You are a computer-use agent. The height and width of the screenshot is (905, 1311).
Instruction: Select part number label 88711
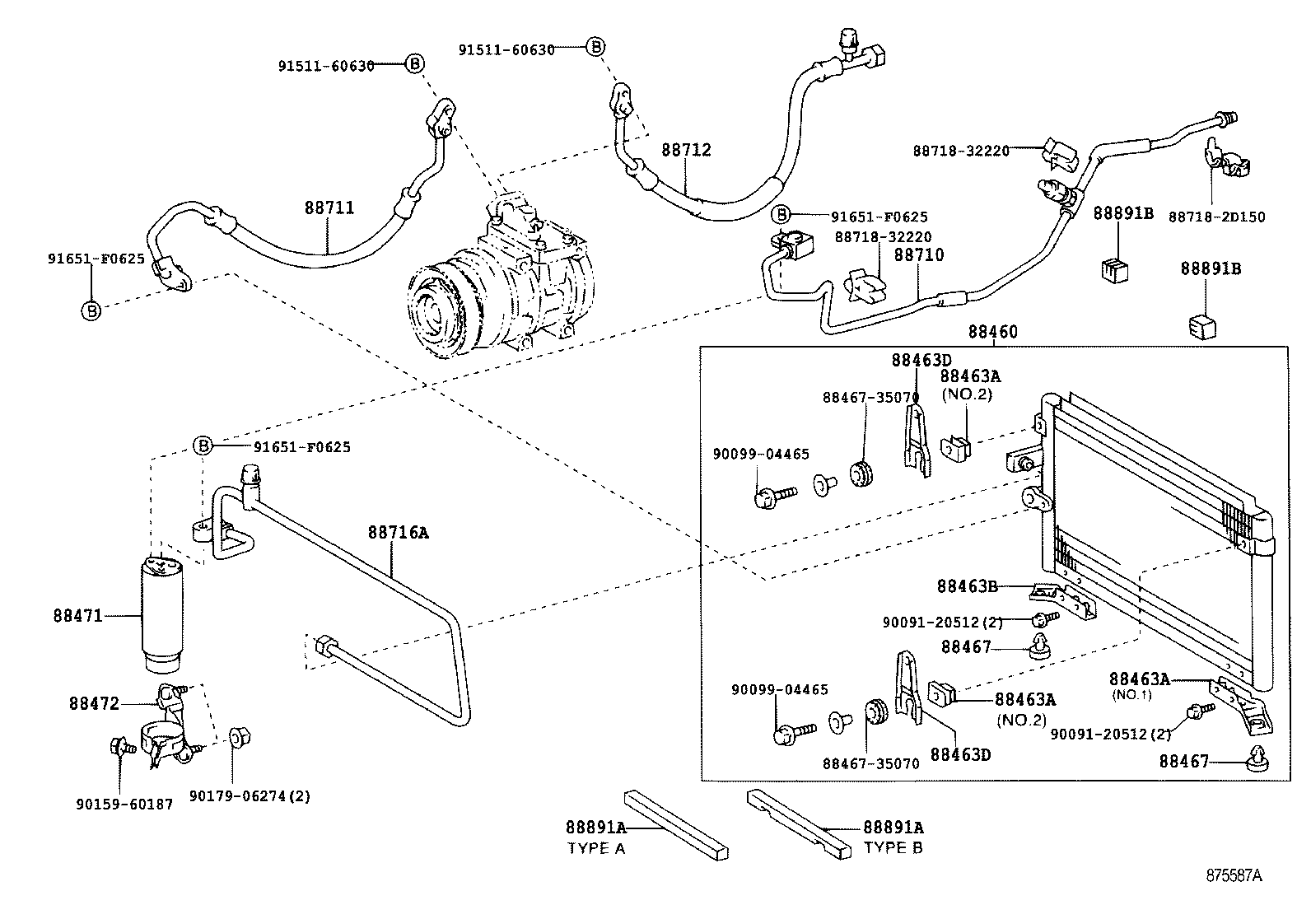[x=329, y=208]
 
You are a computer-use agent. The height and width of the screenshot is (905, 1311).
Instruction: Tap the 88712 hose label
[x=686, y=151]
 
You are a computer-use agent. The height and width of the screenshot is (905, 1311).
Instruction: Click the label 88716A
[x=398, y=533]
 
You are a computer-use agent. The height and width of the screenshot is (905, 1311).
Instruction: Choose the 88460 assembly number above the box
[x=992, y=332]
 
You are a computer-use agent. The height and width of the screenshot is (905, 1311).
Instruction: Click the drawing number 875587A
[x=1234, y=875]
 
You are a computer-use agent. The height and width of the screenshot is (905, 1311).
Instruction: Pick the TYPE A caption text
[x=595, y=848]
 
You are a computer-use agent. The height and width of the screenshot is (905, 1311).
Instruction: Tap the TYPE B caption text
[x=892, y=847]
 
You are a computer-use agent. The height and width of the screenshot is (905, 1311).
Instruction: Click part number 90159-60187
[x=124, y=805]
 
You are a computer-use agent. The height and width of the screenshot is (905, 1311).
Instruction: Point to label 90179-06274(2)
[x=250, y=796]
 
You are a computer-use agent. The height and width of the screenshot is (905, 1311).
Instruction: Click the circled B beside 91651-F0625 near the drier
[x=203, y=446]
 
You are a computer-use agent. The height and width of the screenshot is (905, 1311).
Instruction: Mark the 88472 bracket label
[x=94, y=703]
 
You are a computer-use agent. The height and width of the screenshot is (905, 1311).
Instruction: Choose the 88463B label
[x=967, y=586]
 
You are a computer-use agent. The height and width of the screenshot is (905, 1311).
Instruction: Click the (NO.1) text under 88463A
[x=1131, y=694]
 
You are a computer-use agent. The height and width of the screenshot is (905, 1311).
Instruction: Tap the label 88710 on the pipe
[x=919, y=255]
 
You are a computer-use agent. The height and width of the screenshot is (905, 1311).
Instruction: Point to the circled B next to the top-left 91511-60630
[x=415, y=64]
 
